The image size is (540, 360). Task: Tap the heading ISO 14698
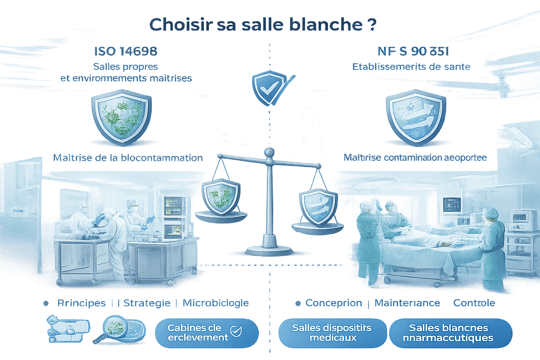coord(125,52)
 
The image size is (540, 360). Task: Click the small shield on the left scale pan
coord(221,196)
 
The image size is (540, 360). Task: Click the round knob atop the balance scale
coord(269,152)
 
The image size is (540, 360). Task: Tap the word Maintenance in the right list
coord(407,303)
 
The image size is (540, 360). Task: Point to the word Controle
coord(474,303)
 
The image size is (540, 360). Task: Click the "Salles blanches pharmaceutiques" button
coord(451,333)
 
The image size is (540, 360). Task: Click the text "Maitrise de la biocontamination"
coord(128,158)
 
